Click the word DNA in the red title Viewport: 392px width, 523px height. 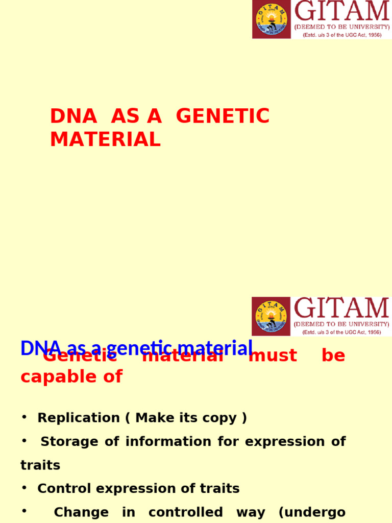(73, 116)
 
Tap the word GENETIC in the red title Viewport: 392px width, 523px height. (223, 116)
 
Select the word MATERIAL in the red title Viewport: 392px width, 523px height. (105, 139)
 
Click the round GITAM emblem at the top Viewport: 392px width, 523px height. (271, 19)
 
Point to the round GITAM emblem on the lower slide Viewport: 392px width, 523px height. (271, 317)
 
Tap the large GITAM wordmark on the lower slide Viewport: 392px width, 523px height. (341, 308)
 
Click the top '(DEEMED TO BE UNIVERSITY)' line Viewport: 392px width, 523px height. (341, 27)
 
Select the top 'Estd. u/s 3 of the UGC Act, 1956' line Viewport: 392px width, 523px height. (341, 35)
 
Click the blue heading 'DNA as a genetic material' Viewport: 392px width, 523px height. (136, 348)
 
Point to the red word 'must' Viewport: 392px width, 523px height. (273, 356)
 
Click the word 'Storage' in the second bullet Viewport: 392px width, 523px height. (69, 442)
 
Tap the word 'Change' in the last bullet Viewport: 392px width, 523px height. (81, 512)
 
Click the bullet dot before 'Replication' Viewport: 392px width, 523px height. (24, 417)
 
